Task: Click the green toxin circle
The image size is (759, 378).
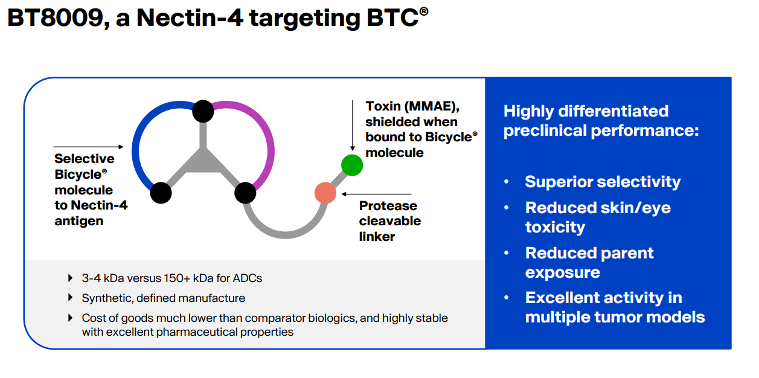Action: [352, 165]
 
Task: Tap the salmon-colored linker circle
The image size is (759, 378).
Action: [325, 193]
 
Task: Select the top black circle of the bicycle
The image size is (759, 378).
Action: [203, 111]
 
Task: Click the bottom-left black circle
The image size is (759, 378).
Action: [161, 193]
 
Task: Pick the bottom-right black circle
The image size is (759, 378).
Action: [245, 193]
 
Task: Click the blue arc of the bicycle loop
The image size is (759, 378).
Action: [140, 139]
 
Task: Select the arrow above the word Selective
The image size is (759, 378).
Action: [88, 147]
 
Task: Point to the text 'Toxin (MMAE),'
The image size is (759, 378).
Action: [412, 106]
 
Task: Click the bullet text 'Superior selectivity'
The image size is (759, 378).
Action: [602, 182]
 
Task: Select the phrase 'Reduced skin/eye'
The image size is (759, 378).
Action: [598, 208]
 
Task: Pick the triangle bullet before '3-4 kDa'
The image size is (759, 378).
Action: [71, 278]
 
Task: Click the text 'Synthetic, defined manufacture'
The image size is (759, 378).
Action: [163, 298]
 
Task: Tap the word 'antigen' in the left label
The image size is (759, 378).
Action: [78, 221]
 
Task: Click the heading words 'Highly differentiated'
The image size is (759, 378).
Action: [586, 111]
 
